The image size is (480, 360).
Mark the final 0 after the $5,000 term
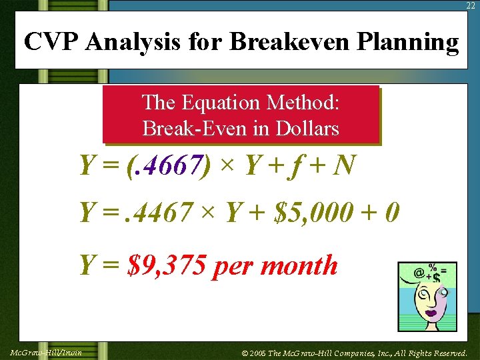click(x=392, y=213)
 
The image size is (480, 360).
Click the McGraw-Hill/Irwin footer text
click(x=46, y=352)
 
